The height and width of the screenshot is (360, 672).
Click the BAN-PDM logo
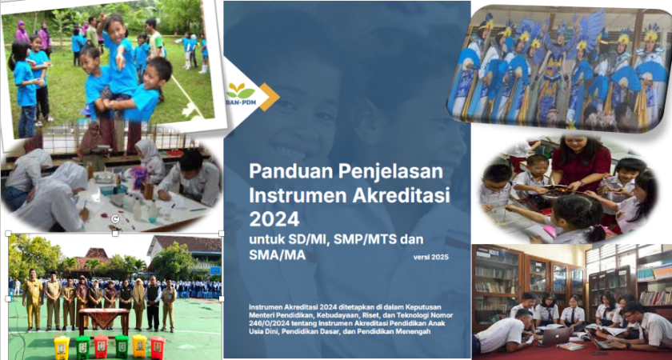[240, 94]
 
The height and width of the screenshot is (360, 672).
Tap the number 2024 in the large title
[274, 219]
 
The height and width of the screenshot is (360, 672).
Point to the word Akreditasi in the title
[402, 195]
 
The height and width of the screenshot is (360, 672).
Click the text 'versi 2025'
[430, 257]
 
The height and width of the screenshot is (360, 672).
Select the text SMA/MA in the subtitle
[277, 255]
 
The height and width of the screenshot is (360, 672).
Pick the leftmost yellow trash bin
[62, 347]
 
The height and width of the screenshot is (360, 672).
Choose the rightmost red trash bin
[158, 347]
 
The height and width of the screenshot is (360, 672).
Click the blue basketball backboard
[214, 271]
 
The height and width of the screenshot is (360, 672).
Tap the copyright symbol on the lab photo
[114, 219]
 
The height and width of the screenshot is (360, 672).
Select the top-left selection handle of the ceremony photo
[8, 234]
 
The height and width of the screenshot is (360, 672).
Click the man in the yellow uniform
[33, 299]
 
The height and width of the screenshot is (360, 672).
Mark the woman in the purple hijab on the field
[22, 33]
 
